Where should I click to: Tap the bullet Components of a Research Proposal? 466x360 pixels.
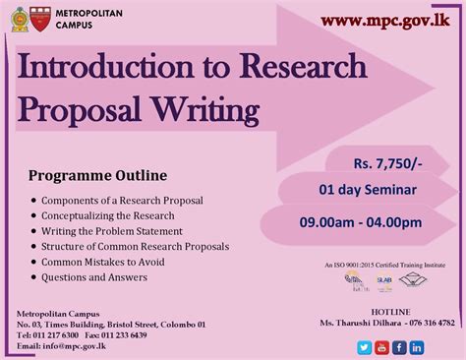123,200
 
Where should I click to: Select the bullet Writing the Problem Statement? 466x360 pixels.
113,230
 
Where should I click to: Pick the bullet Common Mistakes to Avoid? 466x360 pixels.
103,262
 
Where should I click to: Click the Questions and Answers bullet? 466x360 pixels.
94,277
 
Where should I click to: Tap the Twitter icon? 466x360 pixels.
363,347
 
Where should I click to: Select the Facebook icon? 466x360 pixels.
399,347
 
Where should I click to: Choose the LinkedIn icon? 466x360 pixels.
417,347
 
